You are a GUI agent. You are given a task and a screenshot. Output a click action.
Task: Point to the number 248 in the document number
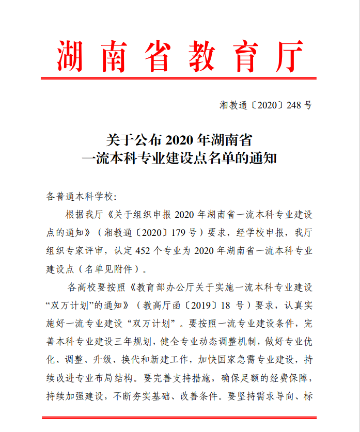(x=293, y=105)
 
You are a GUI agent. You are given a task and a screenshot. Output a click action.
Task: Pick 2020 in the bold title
(x=180, y=139)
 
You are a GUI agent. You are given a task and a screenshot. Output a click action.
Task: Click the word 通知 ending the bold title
(x=264, y=158)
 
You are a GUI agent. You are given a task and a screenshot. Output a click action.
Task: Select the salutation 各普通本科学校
(x=79, y=197)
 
